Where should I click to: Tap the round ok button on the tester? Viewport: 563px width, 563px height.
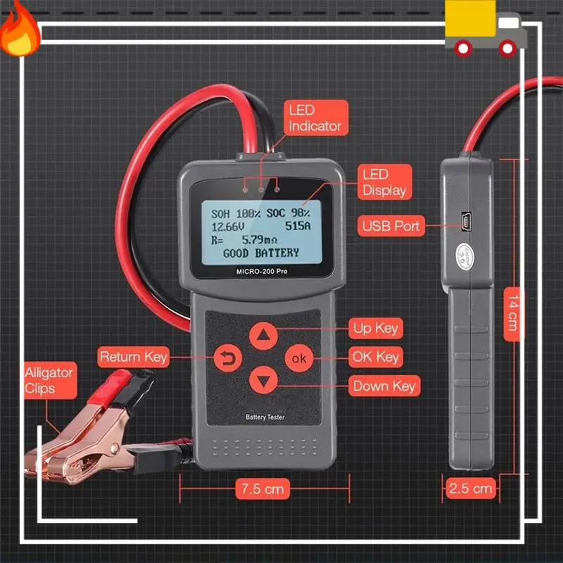(x=299, y=358)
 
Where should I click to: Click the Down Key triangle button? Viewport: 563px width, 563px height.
(x=263, y=380)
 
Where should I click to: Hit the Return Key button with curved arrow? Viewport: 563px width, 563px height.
(x=227, y=358)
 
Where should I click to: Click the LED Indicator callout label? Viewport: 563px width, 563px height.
(x=316, y=118)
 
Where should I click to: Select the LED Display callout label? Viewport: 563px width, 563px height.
(x=384, y=182)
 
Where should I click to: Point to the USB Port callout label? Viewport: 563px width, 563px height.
(x=391, y=226)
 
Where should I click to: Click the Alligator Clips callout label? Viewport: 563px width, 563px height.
(x=50, y=380)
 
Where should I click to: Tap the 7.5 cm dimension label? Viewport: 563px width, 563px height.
(x=262, y=488)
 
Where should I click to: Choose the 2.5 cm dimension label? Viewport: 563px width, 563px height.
(x=470, y=488)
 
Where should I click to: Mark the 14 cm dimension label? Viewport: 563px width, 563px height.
(x=514, y=314)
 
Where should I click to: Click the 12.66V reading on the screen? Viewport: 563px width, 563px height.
(x=227, y=227)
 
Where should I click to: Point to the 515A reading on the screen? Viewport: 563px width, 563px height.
(x=298, y=226)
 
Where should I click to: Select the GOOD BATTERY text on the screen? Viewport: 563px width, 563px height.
(x=261, y=253)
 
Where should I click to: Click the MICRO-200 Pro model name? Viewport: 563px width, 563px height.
(x=262, y=272)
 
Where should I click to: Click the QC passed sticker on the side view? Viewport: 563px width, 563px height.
(x=465, y=255)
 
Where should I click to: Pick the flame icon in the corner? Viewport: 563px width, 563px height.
(x=20, y=30)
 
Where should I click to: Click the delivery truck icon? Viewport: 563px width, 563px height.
(x=486, y=28)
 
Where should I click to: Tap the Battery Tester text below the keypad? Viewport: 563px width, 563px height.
(x=265, y=417)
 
